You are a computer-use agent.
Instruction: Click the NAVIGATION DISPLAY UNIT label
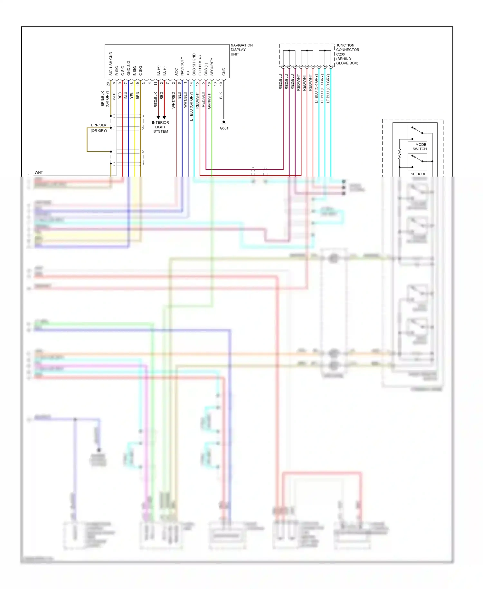click(x=241, y=50)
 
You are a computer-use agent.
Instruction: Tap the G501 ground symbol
click(x=224, y=123)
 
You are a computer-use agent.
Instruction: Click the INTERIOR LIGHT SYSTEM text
click(x=160, y=127)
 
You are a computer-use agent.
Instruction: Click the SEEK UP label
click(x=418, y=174)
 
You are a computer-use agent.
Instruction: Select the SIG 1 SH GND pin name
click(x=111, y=64)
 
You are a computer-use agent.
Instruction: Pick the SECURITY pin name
click(x=212, y=67)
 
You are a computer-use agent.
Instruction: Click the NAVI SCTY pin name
click(x=182, y=66)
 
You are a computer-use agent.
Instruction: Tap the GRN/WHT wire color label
click(x=209, y=100)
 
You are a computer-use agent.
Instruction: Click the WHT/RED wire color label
click(x=173, y=100)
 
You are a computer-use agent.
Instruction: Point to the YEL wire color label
click(x=132, y=95)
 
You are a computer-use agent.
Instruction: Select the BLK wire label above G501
click(x=221, y=95)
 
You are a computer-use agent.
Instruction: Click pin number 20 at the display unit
click(x=108, y=84)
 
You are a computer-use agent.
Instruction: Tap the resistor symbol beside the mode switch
click(x=400, y=154)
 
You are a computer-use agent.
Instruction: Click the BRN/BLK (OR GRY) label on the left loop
click(x=99, y=128)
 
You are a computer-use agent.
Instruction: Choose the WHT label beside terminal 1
click(x=39, y=172)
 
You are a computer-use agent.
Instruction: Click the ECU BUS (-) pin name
click(x=200, y=65)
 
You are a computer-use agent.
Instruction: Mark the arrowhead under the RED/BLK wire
click(x=158, y=117)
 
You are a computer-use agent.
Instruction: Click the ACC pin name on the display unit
click(x=176, y=72)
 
